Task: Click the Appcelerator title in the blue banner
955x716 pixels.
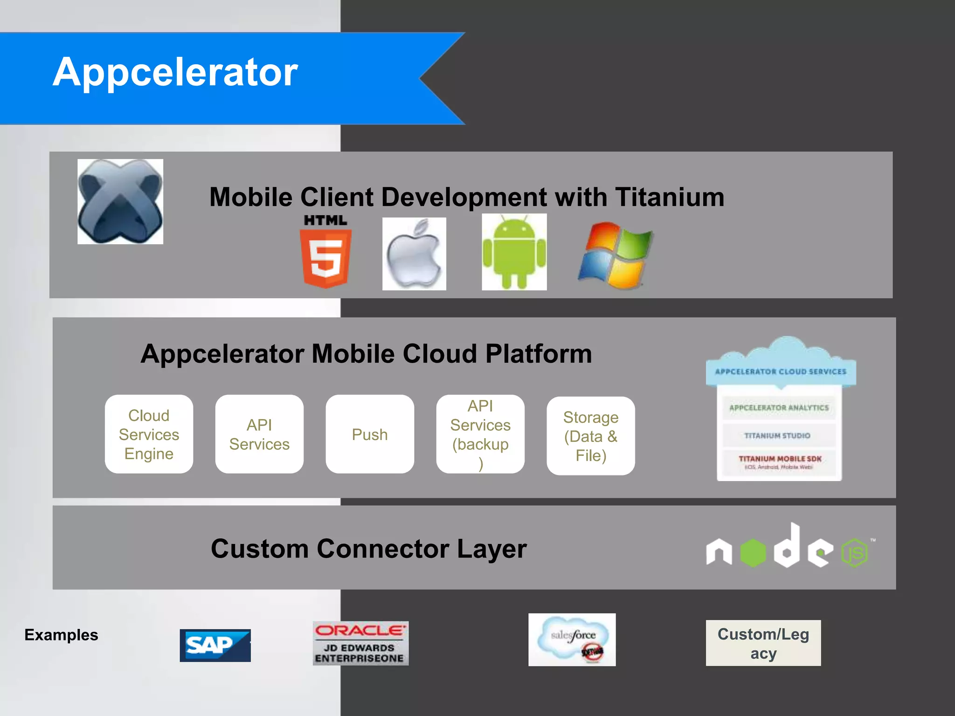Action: [175, 72]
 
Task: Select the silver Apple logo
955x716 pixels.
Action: [414, 254]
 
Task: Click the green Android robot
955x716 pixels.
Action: [514, 252]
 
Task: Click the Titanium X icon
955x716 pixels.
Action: [120, 201]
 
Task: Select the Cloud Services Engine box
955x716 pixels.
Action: [149, 434]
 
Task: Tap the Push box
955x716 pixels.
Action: [370, 434]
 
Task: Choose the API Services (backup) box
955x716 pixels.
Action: [480, 434]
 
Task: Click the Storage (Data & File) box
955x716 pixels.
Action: [591, 436]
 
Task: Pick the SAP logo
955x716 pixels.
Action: [215, 646]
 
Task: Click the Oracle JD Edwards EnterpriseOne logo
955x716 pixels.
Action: [360, 643]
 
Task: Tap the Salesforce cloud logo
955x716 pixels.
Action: [572, 640]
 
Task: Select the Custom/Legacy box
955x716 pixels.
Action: [763, 643]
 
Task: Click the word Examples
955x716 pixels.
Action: [61, 635]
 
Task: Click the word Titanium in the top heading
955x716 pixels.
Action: [670, 197]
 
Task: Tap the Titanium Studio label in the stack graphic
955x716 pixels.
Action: [777, 435]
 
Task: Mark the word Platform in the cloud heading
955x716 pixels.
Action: [539, 354]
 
